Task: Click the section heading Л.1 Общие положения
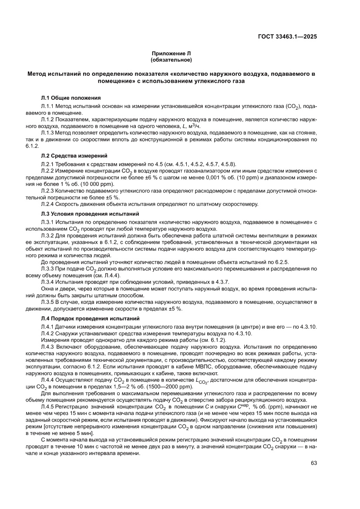(x=71, y=98)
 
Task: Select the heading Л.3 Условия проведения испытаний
(x=90, y=214)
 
